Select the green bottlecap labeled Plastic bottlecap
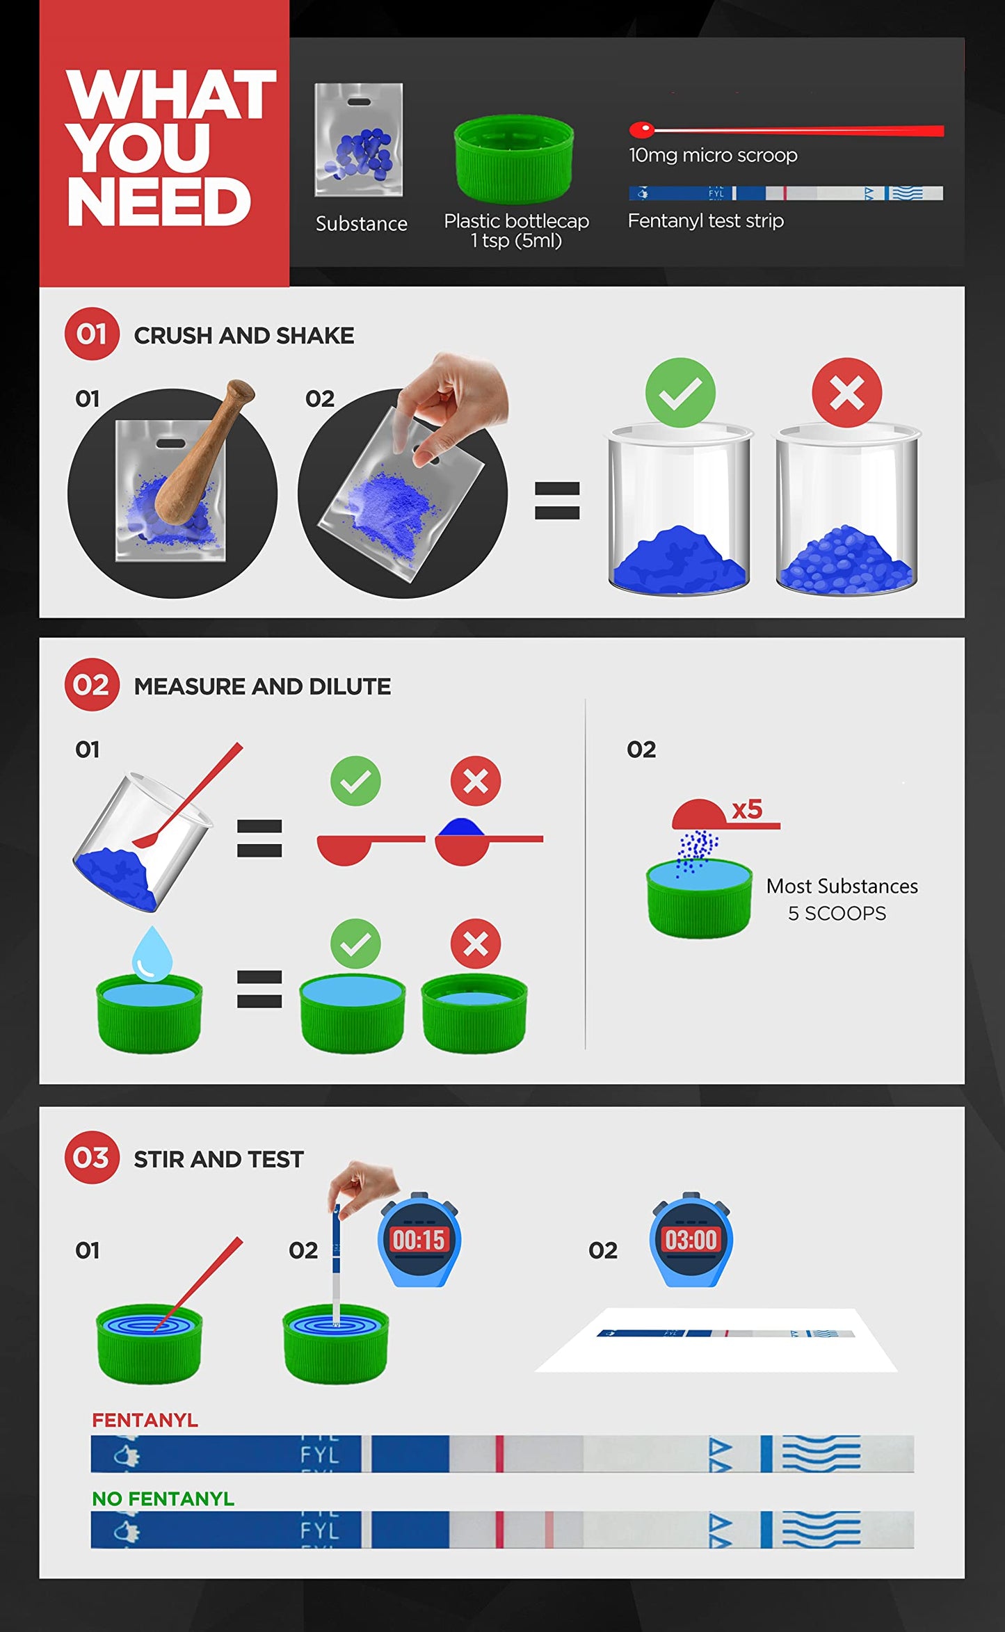[x=514, y=159]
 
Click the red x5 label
[x=748, y=809]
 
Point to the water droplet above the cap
[x=152, y=953]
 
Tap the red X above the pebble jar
[x=847, y=393]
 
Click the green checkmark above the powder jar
[x=680, y=393]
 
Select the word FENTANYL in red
[x=145, y=1420]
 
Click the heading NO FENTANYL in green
[x=163, y=1498]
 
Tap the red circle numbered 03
[x=92, y=1158]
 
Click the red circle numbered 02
[x=92, y=685]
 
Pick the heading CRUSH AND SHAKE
[x=244, y=336]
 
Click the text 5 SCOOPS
[x=837, y=913]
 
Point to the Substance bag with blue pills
[x=359, y=140]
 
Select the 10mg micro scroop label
[x=713, y=155]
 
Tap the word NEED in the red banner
[x=159, y=202]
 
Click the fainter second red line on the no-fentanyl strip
[x=549, y=1529]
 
